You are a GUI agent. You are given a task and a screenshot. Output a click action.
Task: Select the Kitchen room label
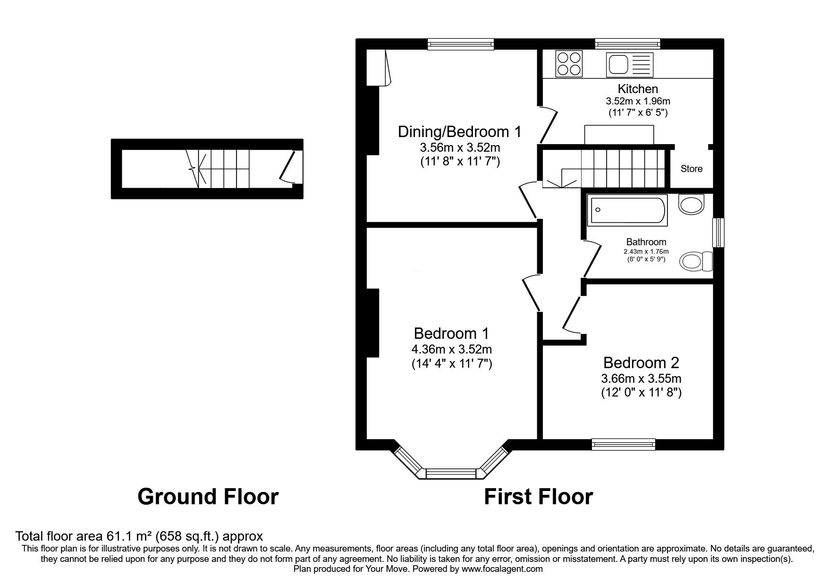click(638, 88)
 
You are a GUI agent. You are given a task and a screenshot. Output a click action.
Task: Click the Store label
click(691, 169)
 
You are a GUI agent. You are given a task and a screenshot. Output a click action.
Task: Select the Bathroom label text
click(646, 242)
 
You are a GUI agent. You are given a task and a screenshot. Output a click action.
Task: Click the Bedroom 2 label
click(641, 363)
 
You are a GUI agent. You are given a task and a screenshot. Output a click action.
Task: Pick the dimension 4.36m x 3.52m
click(452, 350)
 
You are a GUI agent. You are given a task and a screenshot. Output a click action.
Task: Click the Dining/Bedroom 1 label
click(460, 131)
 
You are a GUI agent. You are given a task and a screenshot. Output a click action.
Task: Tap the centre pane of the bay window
click(452, 474)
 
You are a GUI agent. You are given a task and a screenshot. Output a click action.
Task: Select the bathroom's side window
click(718, 232)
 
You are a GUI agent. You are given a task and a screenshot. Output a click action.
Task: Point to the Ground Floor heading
click(208, 497)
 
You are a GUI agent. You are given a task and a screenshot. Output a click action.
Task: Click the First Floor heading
click(538, 497)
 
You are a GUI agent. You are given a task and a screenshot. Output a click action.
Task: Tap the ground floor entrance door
click(289, 166)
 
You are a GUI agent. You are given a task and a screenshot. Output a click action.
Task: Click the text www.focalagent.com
click(502, 569)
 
